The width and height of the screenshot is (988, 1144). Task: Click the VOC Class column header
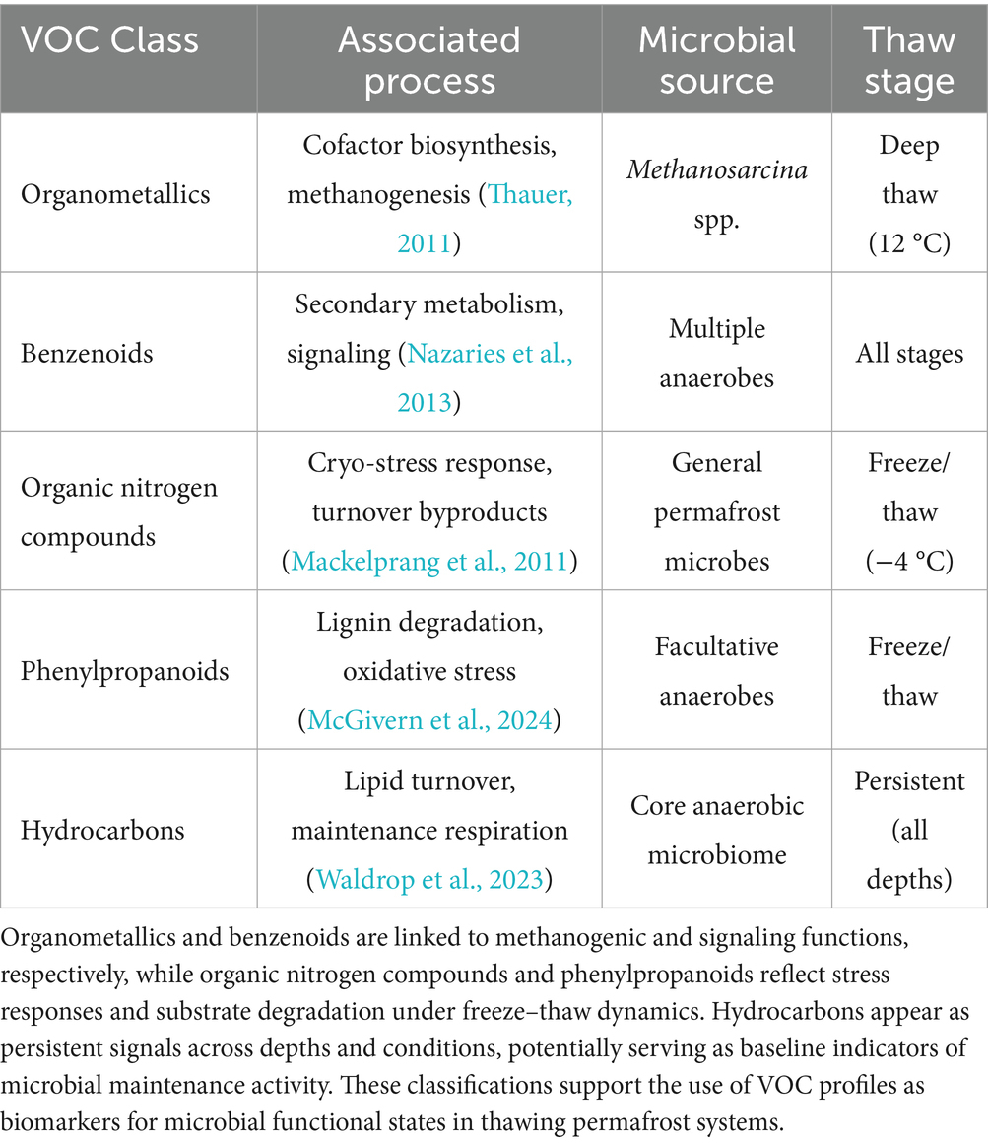click(109, 41)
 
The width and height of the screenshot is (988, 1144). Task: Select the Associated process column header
click(428, 59)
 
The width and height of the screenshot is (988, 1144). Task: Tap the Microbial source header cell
click(716, 59)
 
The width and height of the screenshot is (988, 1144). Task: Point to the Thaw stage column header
click(908, 59)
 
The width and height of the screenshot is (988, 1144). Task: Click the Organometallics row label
click(115, 193)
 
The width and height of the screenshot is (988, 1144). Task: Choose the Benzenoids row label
click(87, 353)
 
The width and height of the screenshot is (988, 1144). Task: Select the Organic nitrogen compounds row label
click(118, 510)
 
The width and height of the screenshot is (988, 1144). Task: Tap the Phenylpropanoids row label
click(124, 671)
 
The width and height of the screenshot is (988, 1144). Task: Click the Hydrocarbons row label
click(102, 830)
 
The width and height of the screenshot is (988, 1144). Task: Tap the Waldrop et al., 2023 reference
click(429, 880)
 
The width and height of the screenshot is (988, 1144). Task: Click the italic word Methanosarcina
click(716, 169)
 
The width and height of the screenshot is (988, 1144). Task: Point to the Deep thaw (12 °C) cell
click(908, 193)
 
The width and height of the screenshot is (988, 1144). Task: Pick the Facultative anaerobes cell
click(716, 671)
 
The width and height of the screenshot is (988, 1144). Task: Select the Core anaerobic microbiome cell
click(716, 830)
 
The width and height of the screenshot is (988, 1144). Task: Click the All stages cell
click(908, 353)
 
